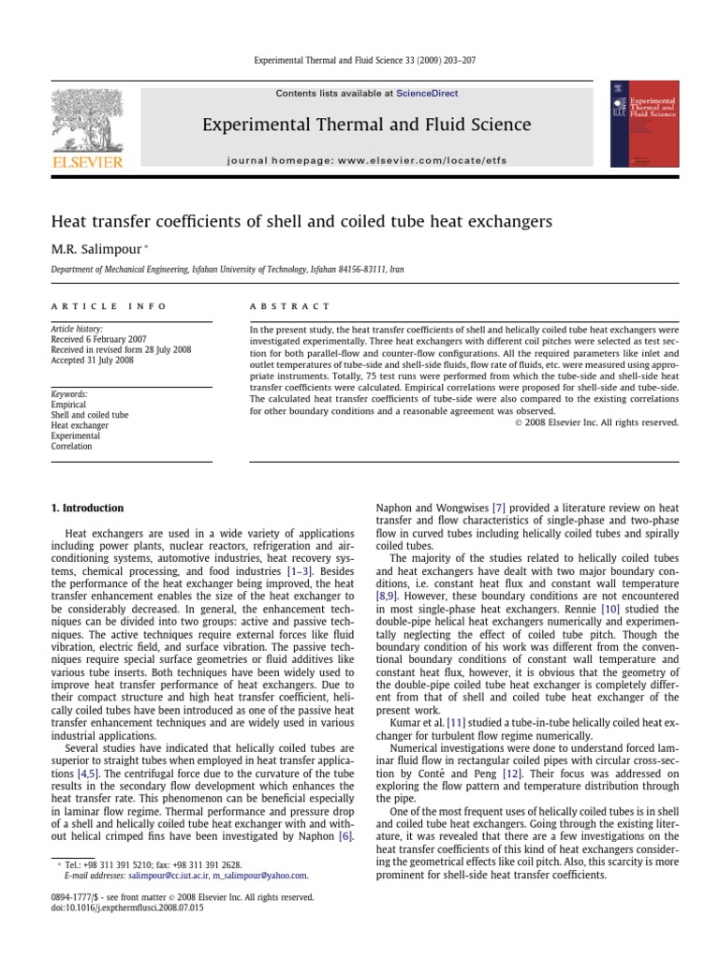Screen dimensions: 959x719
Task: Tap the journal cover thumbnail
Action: tap(645, 124)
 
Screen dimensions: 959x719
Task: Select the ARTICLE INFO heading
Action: tap(108, 306)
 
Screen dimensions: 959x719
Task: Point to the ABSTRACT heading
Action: tap(289, 306)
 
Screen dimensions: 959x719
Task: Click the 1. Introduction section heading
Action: tap(86, 509)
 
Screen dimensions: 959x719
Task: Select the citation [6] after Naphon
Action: tap(345, 834)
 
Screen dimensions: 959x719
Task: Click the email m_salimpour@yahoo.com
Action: tap(259, 876)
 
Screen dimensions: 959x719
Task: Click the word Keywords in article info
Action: tap(69, 395)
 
